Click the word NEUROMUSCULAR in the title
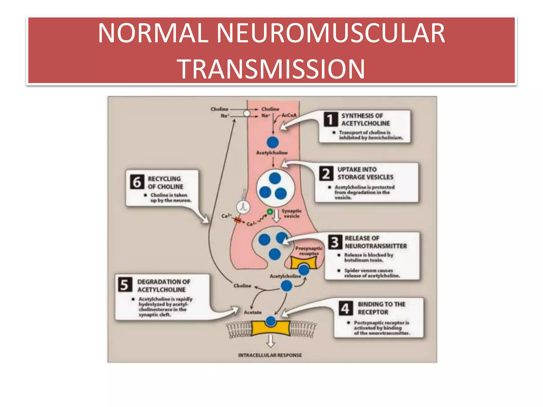(x=331, y=33)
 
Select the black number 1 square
(x=331, y=119)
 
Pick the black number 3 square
(x=335, y=242)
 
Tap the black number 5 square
(x=125, y=285)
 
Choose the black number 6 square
(x=137, y=182)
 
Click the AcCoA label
(x=289, y=115)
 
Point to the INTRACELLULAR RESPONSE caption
(x=270, y=355)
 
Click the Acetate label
(x=253, y=312)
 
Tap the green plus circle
(x=270, y=212)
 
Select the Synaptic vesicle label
(x=292, y=213)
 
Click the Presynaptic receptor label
(x=309, y=251)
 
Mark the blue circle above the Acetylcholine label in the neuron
(x=273, y=142)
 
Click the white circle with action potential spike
(x=243, y=207)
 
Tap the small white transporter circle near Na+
(x=247, y=113)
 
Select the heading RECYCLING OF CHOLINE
(x=165, y=183)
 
